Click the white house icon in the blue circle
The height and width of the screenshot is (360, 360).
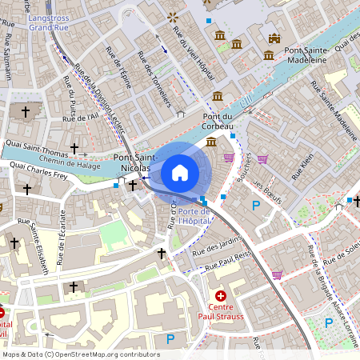(180, 173)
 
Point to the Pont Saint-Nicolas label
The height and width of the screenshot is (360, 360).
(132, 163)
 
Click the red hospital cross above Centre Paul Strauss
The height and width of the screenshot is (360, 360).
(220, 295)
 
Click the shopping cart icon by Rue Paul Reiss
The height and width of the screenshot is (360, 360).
(277, 275)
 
